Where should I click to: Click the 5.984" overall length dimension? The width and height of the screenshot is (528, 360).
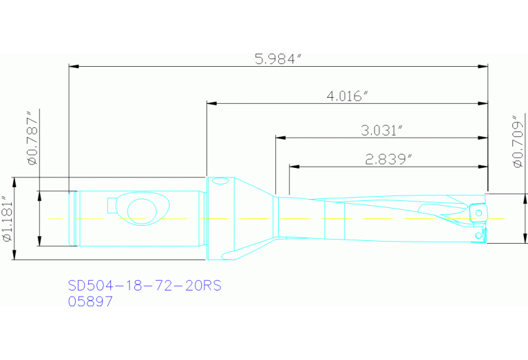[x=277, y=59]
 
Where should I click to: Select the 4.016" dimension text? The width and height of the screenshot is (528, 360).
[x=348, y=96]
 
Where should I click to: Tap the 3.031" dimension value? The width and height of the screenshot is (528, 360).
[x=382, y=131]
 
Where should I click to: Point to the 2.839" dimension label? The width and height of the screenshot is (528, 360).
[x=389, y=159]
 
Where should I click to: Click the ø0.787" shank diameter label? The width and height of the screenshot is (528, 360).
[x=32, y=137]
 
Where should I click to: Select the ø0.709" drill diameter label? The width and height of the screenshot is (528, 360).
[x=518, y=141]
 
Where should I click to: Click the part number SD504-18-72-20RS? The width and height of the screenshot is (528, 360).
[x=145, y=286]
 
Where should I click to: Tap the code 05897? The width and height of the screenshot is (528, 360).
[x=91, y=301]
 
